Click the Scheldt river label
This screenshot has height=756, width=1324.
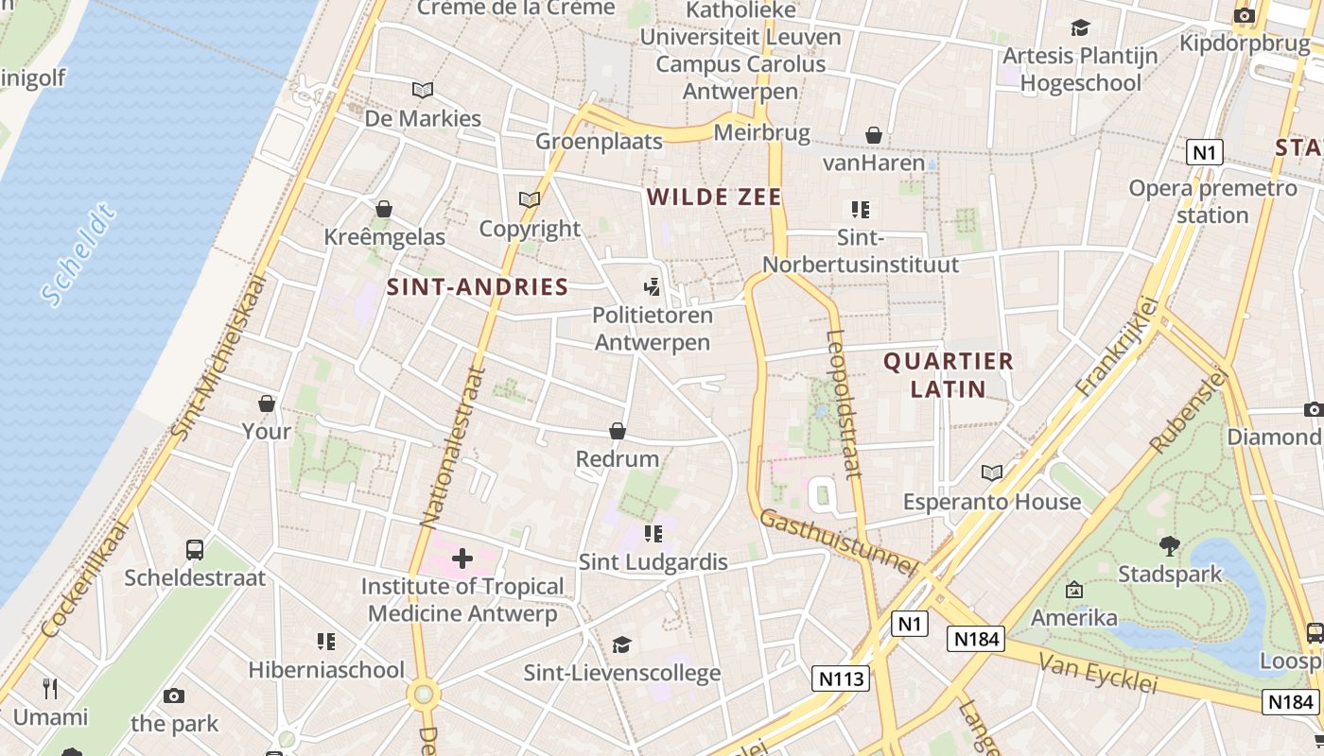pos(79,254)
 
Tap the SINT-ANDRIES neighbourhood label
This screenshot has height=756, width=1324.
pos(478,287)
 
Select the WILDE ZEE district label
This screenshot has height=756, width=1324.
pos(714,197)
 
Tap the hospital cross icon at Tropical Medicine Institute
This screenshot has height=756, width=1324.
pos(462,558)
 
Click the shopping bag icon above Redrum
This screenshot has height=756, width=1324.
pos(618,431)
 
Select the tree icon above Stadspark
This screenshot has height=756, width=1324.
pos(1170,545)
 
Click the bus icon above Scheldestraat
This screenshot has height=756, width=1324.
pos(194,549)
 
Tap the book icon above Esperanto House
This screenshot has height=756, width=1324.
pos(991,472)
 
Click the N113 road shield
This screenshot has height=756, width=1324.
pos(840,679)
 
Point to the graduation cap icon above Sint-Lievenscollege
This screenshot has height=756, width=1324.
pos(621,644)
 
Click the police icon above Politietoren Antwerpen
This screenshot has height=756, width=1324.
pos(652,286)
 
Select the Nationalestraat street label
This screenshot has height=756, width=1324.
pos(452,446)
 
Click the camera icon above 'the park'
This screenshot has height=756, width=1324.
pos(174,696)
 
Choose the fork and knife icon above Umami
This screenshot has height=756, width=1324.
pos(50,688)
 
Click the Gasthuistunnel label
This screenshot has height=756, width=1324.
pos(838,543)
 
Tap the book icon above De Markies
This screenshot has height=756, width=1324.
pos(423,90)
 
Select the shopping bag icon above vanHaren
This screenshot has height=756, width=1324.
pos(874,135)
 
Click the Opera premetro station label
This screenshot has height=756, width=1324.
pos(1212,201)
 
